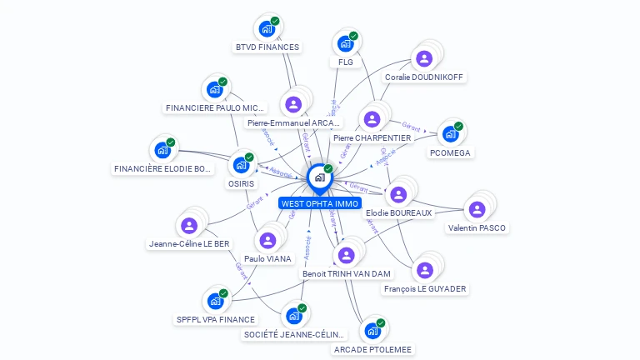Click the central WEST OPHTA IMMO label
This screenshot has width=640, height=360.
[x=320, y=203]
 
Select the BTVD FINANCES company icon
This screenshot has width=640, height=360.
[x=267, y=29]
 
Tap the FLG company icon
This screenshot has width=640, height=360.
[x=345, y=43]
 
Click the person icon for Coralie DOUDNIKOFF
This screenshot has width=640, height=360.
[x=424, y=58]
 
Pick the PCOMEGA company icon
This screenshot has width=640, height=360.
[x=450, y=133]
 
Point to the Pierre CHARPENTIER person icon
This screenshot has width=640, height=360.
[x=372, y=119]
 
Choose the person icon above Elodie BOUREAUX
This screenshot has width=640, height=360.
[x=398, y=194]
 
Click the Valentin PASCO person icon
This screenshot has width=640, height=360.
[x=477, y=209]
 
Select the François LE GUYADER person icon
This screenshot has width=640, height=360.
[x=424, y=270]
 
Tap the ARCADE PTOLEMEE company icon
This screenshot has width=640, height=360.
[x=372, y=331]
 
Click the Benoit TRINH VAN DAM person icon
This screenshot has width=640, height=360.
[x=345, y=255]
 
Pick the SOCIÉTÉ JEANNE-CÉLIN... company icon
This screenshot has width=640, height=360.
[x=293, y=316]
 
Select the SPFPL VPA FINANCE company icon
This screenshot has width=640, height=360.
[x=215, y=300]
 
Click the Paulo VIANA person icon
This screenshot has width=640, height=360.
[x=267, y=240]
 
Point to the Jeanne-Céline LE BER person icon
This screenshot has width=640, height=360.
[x=189, y=225]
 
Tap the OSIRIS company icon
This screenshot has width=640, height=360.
[x=242, y=164]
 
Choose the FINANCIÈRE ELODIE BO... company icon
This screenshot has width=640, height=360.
[x=162, y=150]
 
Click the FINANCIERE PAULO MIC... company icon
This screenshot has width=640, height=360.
[x=215, y=89]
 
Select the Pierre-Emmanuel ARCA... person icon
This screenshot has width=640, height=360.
[x=293, y=104]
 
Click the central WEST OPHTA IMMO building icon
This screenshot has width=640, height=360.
[x=319, y=177]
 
